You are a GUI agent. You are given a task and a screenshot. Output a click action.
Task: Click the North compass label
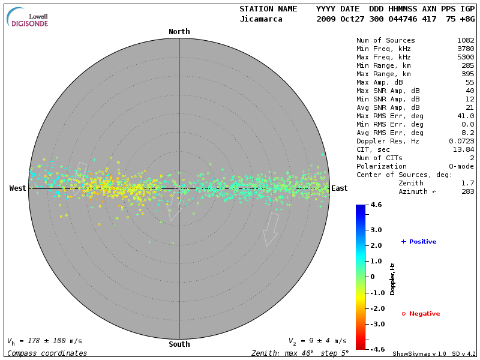179,32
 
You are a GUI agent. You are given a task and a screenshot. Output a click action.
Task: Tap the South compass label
179,344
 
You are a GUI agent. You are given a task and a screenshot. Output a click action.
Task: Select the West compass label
18,188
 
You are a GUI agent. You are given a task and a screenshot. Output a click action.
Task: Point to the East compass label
340,188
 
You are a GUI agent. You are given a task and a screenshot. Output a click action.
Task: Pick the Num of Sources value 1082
466,41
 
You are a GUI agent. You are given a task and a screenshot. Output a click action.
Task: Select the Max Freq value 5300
466,58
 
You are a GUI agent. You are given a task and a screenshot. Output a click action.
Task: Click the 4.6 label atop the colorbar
376,205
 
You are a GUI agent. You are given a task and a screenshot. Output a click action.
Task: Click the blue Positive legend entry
419,242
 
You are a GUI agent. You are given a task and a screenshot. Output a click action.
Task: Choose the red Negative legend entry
421,314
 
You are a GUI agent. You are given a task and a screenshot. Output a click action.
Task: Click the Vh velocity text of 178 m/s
45,341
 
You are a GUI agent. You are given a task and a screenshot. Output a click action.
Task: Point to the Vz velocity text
317,341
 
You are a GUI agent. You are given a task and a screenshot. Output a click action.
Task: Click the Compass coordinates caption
47,353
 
